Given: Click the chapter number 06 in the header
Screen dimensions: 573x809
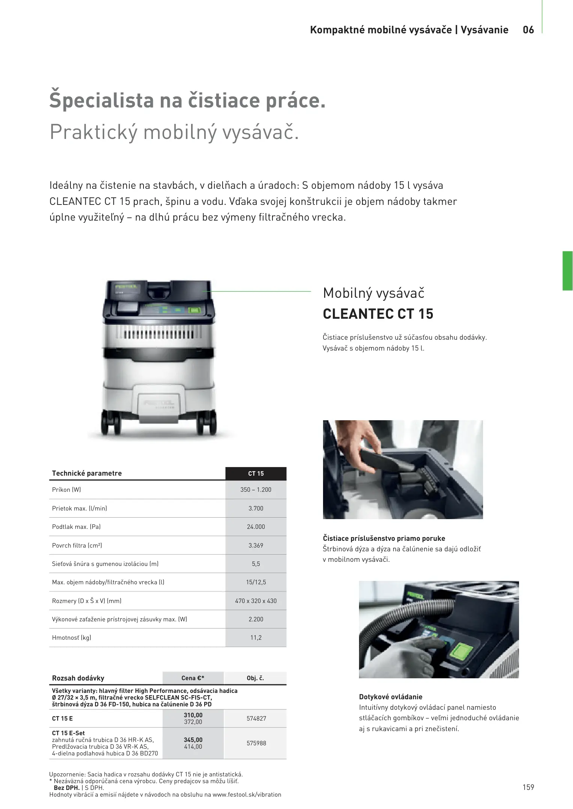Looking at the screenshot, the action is [x=528, y=30].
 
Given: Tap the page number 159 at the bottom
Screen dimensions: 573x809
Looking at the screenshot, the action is [x=528, y=787].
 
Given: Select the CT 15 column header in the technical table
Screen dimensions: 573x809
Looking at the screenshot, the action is [x=256, y=474].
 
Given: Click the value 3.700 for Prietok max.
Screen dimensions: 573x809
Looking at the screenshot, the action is [x=256, y=508].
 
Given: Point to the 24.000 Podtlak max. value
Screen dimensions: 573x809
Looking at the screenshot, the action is [x=256, y=527].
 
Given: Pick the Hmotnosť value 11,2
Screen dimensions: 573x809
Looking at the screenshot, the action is [x=256, y=637].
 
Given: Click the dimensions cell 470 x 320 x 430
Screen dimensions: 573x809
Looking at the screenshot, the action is [x=256, y=601].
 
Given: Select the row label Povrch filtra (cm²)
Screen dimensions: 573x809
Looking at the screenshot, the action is [x=77, y=545].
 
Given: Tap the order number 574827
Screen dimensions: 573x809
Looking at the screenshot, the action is [x=256, y=718].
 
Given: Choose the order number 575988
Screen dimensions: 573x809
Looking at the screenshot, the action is [x=256, y=743].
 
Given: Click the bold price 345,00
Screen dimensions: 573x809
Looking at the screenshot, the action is [x=193, y=740].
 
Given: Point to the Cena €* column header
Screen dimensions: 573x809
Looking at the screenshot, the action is [x=193, y=678].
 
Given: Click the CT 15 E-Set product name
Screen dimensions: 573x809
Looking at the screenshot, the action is [x=68, y=733].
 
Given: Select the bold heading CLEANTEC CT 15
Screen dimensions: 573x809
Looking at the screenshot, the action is [x=378, y=314].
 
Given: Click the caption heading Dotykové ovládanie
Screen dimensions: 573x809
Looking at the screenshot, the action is [x=390, y=697].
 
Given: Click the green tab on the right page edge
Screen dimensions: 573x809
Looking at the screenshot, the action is [x=567, y=271].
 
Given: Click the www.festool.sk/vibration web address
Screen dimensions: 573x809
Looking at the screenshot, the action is [x=247, y=794].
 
